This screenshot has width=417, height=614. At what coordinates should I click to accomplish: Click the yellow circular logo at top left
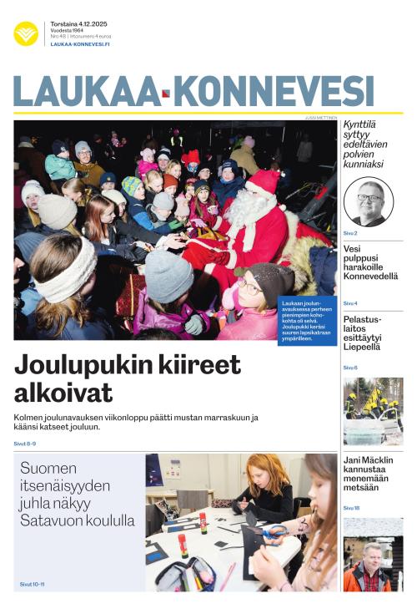pyautogui.click(x=26, y=33)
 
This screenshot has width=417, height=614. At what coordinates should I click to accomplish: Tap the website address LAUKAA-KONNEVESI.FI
pyautogui.click(x=80, y=44)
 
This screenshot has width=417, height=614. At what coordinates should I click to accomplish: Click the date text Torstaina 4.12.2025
pyautogui.click(x=78, y=23)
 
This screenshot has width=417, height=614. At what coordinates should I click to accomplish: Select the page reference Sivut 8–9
pyautogui.click(x=26, y=444)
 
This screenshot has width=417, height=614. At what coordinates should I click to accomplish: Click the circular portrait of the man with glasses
pyautogui.click(x=368, y=201)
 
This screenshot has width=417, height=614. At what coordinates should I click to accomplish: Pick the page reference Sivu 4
pyautogui.click(x=350, y=303)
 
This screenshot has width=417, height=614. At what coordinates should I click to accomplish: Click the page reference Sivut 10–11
pyautogui.click(x=32, y=584)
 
